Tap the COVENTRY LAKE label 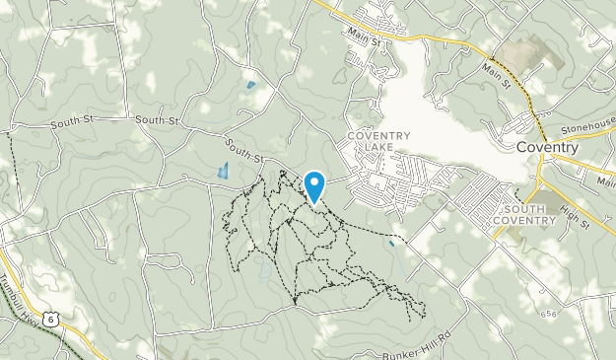pyautogui.click(x=371, y=141)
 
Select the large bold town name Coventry pyautogui.click(x=547, y=147)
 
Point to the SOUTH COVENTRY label pyautogui.click(x=529, y=215)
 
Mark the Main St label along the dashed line pyautogui.click(x=496, y=74)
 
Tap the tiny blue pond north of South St pyautogui.click(x=251, y=85)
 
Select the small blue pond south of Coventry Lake pyautogui.click(x=392, y=242)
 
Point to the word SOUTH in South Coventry pyautogui.click(x=529, y=209)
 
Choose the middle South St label pyautogui.click(x=157, y=120)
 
